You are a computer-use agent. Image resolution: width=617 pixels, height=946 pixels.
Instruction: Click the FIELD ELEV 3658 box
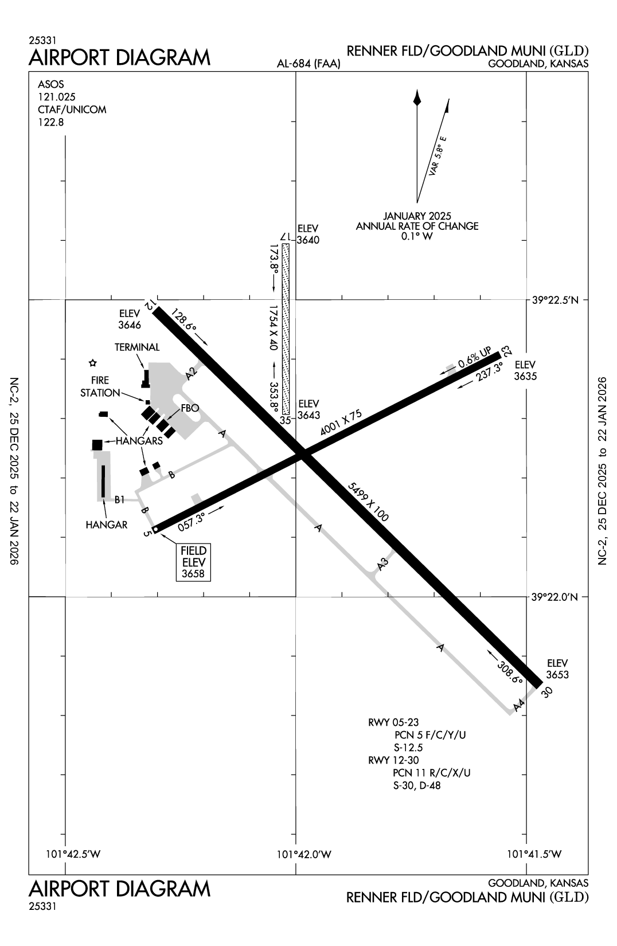193,562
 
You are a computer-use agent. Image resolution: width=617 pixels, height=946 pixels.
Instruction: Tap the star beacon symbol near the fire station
93,363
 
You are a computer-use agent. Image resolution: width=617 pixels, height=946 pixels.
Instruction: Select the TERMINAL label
137,347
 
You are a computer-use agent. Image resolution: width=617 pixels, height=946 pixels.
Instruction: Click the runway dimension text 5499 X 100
368,502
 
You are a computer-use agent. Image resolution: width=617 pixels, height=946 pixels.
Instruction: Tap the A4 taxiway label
519,706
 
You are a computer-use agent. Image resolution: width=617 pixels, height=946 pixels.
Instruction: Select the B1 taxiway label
119,500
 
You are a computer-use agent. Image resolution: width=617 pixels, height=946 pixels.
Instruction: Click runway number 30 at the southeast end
547,692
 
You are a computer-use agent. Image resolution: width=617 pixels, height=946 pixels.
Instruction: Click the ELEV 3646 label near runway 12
130,319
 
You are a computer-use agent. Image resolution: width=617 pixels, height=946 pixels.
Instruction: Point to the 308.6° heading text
510,670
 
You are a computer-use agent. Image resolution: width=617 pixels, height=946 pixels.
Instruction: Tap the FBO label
190,408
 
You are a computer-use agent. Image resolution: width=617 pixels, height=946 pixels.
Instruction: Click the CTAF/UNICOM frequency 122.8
51,122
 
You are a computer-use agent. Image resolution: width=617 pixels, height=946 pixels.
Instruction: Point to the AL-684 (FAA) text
308,64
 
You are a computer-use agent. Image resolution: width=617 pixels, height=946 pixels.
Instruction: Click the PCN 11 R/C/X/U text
432,773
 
